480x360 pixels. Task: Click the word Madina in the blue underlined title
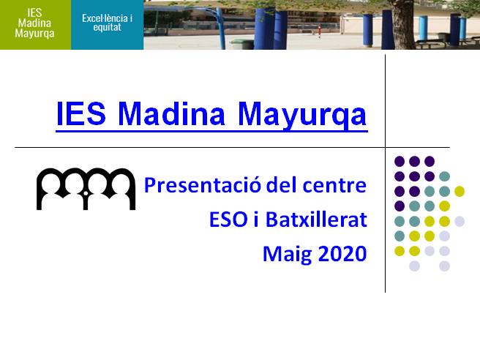171,114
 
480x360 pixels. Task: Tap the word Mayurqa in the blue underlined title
302,115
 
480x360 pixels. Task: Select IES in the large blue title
81,113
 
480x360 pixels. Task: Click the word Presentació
203,185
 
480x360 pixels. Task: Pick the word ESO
228,220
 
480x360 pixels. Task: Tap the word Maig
287,255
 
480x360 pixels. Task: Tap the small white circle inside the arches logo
86,193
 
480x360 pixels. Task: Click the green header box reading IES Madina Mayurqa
36,25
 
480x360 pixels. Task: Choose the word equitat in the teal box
107,28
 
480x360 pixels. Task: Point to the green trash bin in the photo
241,44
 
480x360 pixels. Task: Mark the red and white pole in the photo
319,31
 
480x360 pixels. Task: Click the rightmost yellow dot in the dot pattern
460,191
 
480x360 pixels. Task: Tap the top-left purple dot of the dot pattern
400,161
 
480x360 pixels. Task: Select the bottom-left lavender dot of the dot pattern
414,266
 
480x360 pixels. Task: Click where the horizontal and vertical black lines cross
385,147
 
